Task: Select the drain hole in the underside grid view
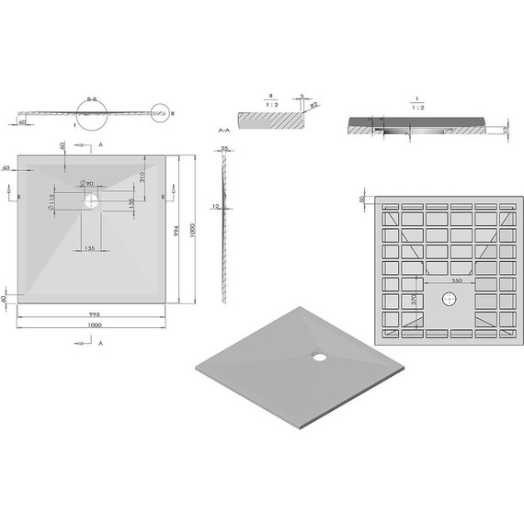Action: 449,299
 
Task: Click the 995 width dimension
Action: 95,313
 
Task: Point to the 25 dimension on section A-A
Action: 224,149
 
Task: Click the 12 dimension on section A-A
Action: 213,206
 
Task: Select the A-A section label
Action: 222,132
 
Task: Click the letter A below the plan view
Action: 100,342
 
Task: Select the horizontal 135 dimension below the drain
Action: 90,247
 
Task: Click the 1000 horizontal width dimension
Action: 95,325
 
